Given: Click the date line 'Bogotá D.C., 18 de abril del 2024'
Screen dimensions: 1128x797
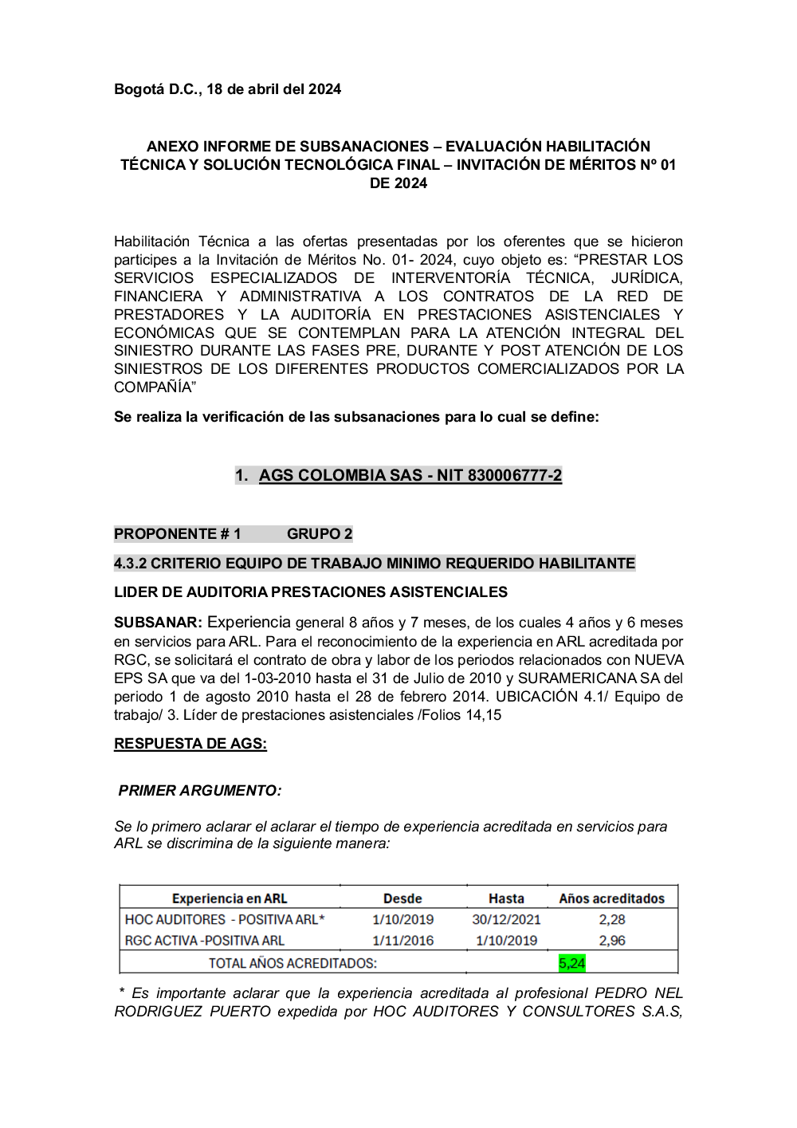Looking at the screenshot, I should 227,89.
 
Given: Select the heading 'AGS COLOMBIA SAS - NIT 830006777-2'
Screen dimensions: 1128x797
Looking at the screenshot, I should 410,476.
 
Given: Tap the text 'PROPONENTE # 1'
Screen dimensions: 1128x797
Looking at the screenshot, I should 177,534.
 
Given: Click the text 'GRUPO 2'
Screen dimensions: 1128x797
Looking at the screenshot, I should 320,534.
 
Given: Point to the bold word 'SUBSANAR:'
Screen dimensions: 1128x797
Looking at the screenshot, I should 158,623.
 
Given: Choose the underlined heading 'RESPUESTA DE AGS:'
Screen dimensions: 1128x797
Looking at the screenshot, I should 190,744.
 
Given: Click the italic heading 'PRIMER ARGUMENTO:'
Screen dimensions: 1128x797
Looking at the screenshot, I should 199,791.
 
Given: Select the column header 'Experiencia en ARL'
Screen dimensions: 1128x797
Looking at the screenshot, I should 230,898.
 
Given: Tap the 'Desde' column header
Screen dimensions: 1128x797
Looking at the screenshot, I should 402,898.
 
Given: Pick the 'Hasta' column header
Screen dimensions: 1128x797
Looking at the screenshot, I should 506,898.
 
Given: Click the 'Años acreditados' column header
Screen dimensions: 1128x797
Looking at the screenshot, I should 611,898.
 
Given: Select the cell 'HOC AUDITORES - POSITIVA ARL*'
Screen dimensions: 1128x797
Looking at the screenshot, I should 225,919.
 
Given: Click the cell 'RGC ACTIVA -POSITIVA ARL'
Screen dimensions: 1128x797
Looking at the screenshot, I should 204,941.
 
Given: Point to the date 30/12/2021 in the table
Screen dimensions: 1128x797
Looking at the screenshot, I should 506,919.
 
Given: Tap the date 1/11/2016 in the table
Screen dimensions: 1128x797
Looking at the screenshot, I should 402,941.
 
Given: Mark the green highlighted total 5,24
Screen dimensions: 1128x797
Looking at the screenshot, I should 571,963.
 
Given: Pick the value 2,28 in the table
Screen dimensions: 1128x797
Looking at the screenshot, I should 611,919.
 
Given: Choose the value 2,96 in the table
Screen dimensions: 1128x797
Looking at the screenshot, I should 611,941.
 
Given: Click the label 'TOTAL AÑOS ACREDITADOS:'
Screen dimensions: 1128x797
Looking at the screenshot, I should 292,963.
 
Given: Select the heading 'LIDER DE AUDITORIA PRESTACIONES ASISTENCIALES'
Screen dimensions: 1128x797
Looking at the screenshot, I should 311,592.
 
